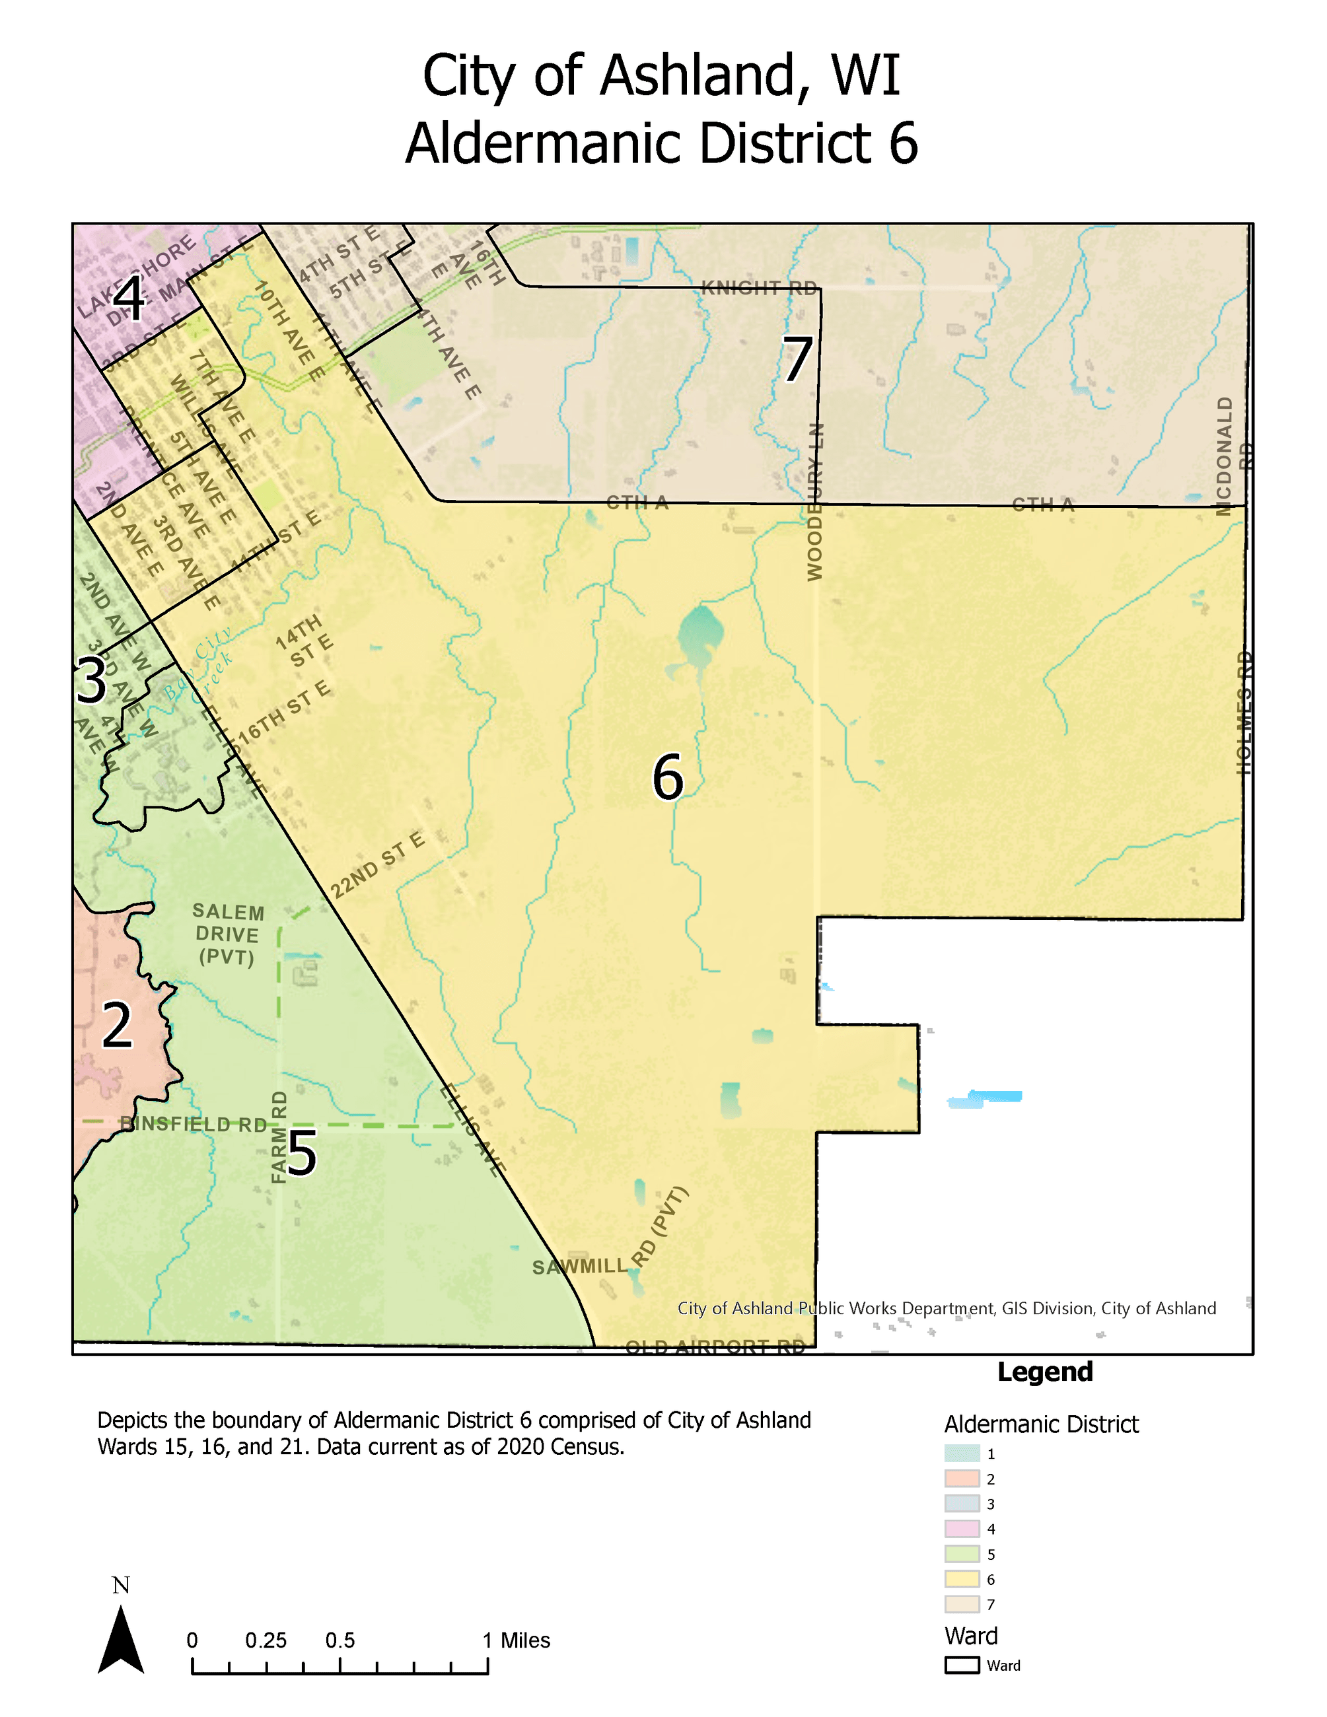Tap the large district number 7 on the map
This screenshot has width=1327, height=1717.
click(x=797, y=359)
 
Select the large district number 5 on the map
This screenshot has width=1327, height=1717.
click(x=301, y=1153)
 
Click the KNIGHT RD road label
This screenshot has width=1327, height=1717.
click(x=759, y=288)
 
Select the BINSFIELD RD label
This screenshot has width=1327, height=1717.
click(x=194, y=1124)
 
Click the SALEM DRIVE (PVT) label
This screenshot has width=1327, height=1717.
click(x=227, y=934)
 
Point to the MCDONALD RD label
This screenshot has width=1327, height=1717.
click(x=1232, y=456)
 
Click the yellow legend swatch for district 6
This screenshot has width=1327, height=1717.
click(x=962, y=1578)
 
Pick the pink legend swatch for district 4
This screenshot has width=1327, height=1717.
click(x=962, y=1528)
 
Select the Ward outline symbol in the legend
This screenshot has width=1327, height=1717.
click(x=962, y=1665)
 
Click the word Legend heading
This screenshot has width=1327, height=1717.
click(x=1045, y=1371)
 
